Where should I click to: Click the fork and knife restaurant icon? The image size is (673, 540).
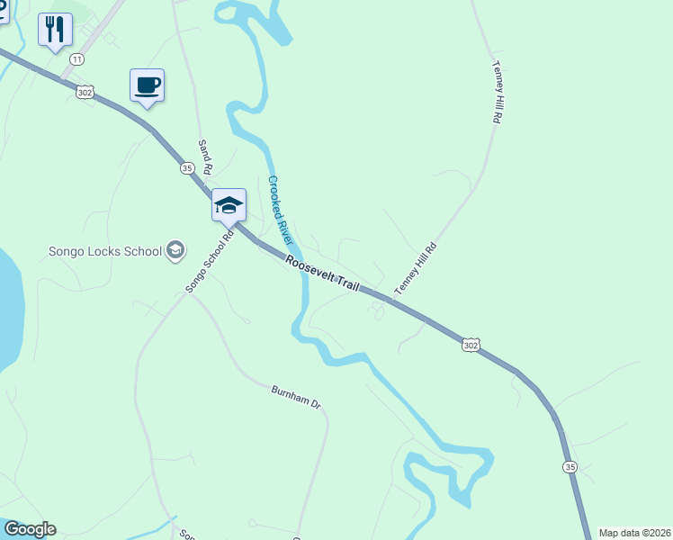55,30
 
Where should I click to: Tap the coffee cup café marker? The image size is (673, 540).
148,85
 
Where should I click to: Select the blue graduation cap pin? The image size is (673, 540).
229,205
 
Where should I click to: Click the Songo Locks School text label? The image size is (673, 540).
105,251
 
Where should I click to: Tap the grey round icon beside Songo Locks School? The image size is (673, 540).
175,250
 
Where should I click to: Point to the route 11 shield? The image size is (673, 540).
76,59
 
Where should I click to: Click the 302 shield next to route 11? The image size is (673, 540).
85,91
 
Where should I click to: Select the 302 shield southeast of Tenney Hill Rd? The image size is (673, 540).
471,345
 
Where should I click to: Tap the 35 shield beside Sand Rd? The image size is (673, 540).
187,167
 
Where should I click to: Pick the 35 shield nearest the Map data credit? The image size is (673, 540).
570,466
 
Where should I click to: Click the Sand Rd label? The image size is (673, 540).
205,157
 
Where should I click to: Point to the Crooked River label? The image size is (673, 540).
281,211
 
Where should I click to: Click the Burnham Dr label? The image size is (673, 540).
296,397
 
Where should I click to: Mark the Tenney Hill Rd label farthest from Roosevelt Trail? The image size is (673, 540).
497,92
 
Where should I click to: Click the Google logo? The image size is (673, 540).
30,529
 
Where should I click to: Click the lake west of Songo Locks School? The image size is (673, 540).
9,306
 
